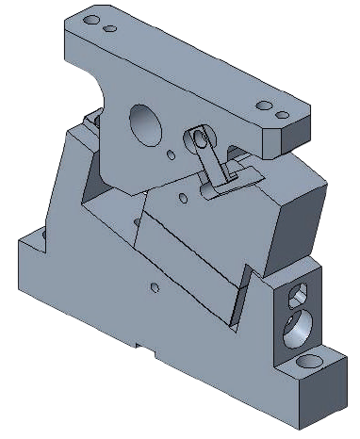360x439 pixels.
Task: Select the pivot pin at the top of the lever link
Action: tap(199, 138)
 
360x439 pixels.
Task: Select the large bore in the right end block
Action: tap(296, 327)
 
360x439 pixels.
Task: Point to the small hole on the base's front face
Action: tap(154, 285)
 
